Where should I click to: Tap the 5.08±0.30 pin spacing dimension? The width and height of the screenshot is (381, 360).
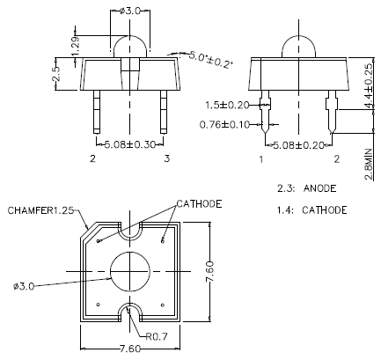pos(130,143)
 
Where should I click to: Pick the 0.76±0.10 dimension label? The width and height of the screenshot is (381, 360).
pos(227,123)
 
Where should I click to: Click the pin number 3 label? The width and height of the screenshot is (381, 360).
pos(167,160)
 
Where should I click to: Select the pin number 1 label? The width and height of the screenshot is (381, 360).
pos(261,160)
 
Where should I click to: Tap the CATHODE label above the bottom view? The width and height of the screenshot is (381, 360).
pos(200,203)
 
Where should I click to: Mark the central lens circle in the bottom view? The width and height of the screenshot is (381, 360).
pos(130,268)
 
